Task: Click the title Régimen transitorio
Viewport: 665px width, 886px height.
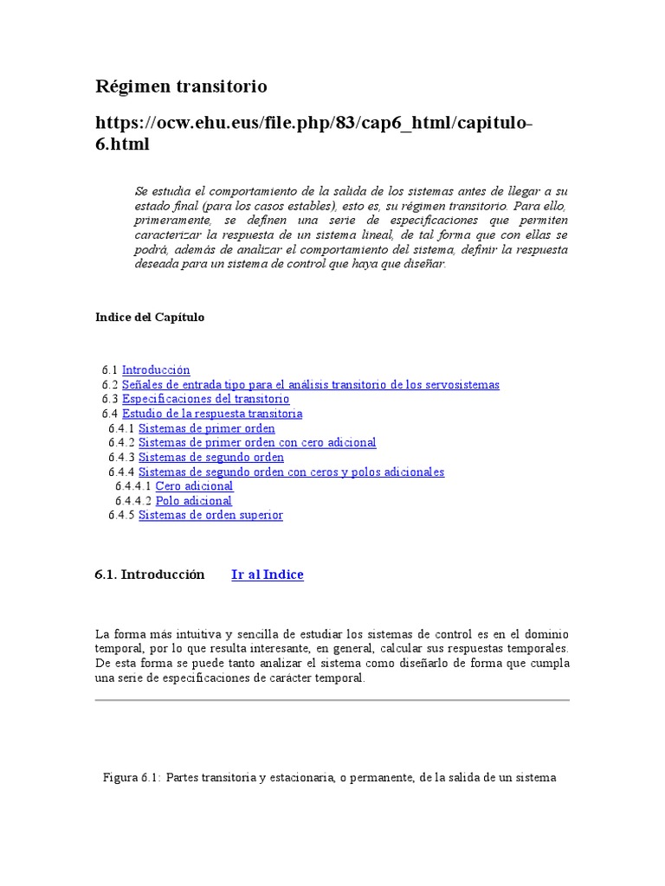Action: (181, 87)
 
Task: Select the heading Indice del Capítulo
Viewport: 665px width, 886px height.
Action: (150, 317)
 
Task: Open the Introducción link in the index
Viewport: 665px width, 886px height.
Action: (156, 369)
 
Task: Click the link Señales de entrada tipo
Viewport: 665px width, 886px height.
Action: (310, 384)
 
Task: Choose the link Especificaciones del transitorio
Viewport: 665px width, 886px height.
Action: (205, 399)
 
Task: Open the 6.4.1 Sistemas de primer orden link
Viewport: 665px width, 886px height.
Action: (206, 428)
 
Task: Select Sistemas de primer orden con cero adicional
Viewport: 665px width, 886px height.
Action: (257, 442)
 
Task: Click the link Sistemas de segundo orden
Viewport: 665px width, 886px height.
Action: (210, 457)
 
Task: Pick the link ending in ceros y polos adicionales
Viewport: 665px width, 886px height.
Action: (291, 472)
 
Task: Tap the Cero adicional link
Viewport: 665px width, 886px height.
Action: (194, 486)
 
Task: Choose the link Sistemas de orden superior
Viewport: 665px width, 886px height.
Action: (210, 515)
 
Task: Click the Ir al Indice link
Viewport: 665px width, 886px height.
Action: (268, 575)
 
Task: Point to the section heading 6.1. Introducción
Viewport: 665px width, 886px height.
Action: (150, 575)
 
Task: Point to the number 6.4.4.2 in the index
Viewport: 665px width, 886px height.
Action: (133, 500)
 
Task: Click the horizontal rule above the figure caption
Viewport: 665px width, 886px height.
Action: (332, 700)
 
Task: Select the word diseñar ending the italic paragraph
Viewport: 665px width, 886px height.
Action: (424, 263)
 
